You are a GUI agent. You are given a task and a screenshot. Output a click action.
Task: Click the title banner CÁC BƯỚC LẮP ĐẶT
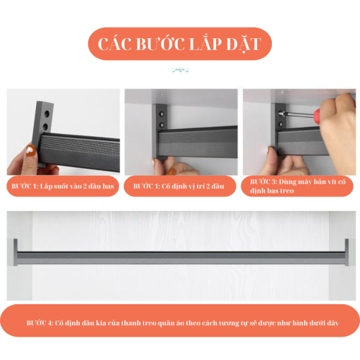[180, 44]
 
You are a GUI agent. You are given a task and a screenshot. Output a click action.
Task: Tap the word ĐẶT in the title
[244, 44]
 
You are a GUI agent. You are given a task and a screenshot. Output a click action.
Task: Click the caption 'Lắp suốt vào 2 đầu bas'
[77, 186]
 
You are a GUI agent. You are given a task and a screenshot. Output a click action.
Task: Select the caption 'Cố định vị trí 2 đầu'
[193, 186]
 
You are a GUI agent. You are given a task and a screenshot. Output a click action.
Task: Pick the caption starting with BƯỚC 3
[298, 186]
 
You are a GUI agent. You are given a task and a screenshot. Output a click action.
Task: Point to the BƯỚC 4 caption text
[182, 323]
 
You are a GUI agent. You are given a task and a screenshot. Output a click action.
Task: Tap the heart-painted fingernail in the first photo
[31, 150]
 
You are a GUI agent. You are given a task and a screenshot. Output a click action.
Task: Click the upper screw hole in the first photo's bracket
[47, 114]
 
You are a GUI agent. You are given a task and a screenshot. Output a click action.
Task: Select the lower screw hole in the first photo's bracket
[46, 127]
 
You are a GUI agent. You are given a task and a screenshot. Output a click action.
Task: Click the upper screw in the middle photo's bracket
[162, 114]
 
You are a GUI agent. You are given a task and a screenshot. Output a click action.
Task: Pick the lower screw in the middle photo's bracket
[162, 124]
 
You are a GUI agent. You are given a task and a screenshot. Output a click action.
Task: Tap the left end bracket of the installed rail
[16, 252]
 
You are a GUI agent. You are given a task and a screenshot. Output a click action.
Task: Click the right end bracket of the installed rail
[347, 252]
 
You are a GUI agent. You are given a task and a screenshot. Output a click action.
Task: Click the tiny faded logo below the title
[181, 70]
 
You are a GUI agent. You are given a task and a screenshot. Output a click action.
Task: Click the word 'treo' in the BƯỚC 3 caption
[287, 191]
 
